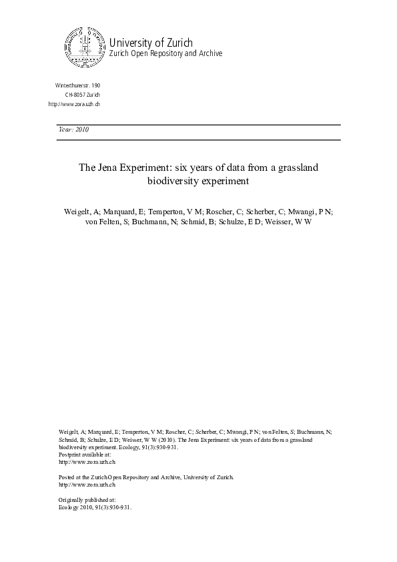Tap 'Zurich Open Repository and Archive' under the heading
pos(165,53)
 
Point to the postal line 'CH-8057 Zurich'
pos(82,95)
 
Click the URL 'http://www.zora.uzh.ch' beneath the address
pos(74,105)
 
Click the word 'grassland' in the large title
pos(297,168)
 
